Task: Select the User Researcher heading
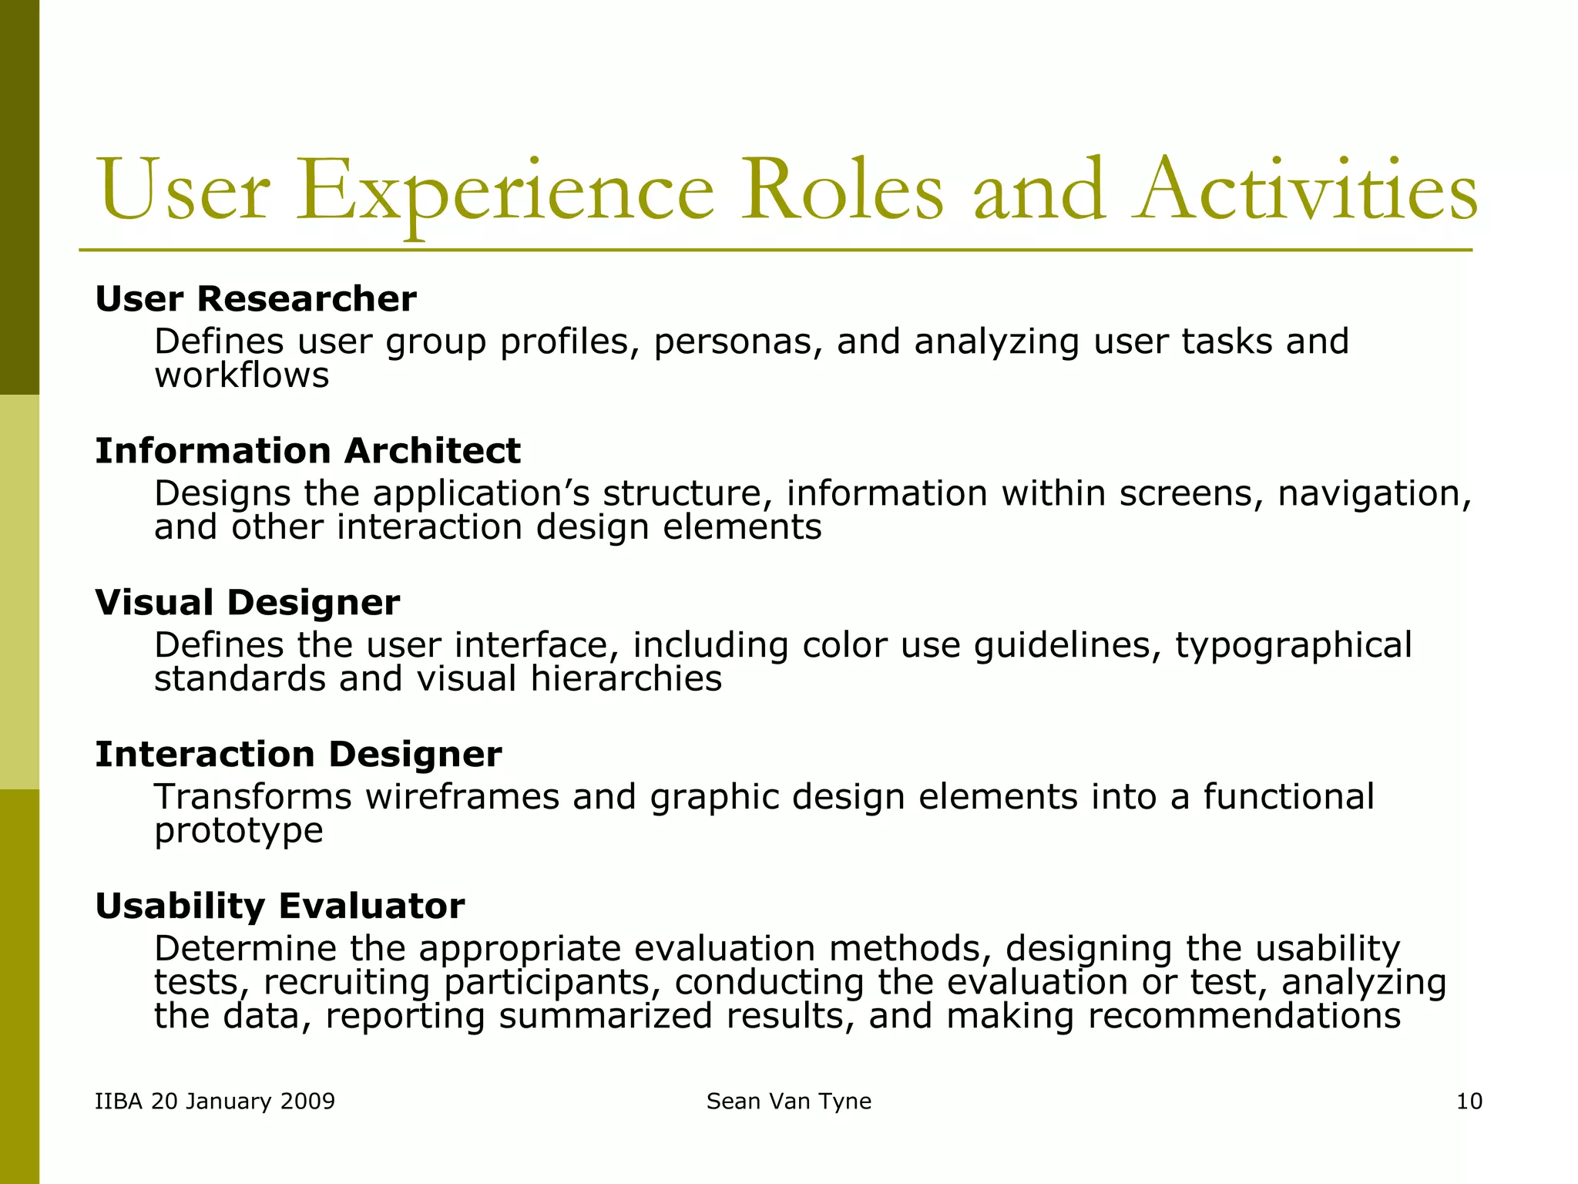[x=255, y=299]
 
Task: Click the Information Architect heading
[x=307, y=451]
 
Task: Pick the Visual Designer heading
[x=247, y=603]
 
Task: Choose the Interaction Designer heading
[x=298, y=755]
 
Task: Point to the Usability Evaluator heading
[x=280, y=906]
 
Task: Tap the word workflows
[x=241, y=376]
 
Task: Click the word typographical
[x=1293, y=645]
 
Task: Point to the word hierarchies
[x=626, y=679]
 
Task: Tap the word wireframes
[x=462, y=797]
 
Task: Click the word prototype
[x=238, y=831]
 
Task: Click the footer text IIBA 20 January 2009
[x=215, y=1102]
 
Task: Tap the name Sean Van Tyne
[x=788, y=1102]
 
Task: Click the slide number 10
[x=1469, y=1102]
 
